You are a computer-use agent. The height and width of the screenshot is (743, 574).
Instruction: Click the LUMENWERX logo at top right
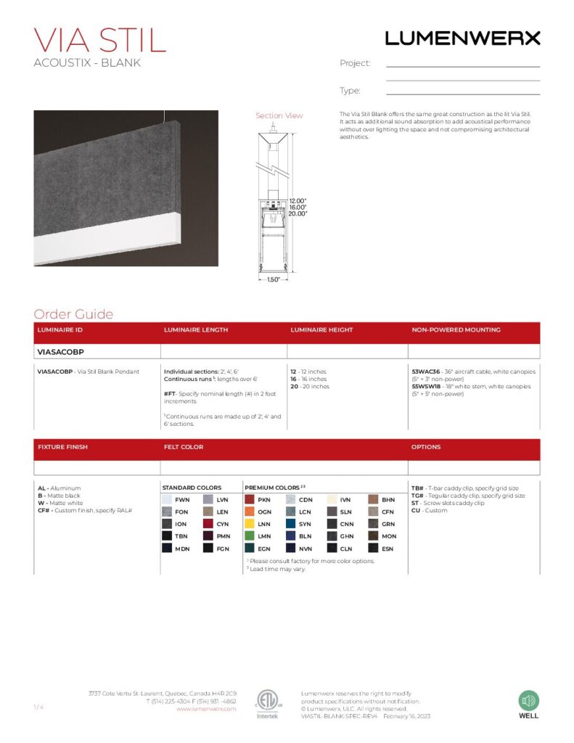tap(462, 38)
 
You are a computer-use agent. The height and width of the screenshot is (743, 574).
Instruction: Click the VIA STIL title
tap(100, 40)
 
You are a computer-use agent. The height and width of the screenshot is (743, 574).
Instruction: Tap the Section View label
tap(279, 116)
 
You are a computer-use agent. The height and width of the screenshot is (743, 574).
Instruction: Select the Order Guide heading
tap(73, 314)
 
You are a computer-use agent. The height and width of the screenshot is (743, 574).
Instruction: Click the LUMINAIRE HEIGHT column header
tap(321, 330)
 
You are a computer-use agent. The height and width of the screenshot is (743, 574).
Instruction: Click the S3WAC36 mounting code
tap(425, 371)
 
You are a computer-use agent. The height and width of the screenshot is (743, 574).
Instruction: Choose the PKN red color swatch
tap(250, 500)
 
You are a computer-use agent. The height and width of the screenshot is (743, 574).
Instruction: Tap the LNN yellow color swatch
tap(250, 524)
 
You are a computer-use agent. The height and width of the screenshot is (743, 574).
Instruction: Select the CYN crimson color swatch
tap(208, 524)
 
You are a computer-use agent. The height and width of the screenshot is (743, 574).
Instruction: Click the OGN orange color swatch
tap(250, 512)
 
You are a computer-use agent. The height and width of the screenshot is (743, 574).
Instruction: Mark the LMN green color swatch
tap(250, 536)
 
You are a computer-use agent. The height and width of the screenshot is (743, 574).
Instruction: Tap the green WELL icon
tap(528, 701)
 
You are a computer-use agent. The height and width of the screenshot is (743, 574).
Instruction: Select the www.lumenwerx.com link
tap(206, 709)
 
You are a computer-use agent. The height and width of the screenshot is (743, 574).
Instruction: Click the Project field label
tap(355, 64)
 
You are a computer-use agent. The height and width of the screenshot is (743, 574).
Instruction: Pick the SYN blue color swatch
tap(291, 524)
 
